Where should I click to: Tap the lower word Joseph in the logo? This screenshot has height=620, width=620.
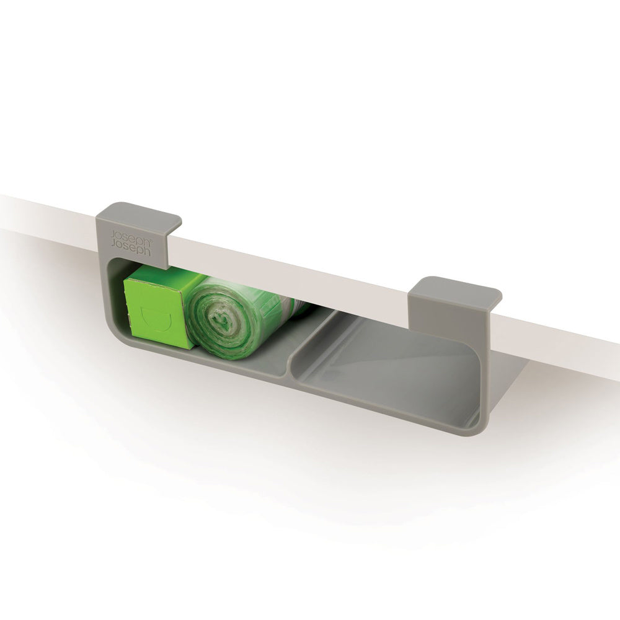[130, 247]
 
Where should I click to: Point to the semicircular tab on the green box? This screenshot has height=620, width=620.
[156, 317]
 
